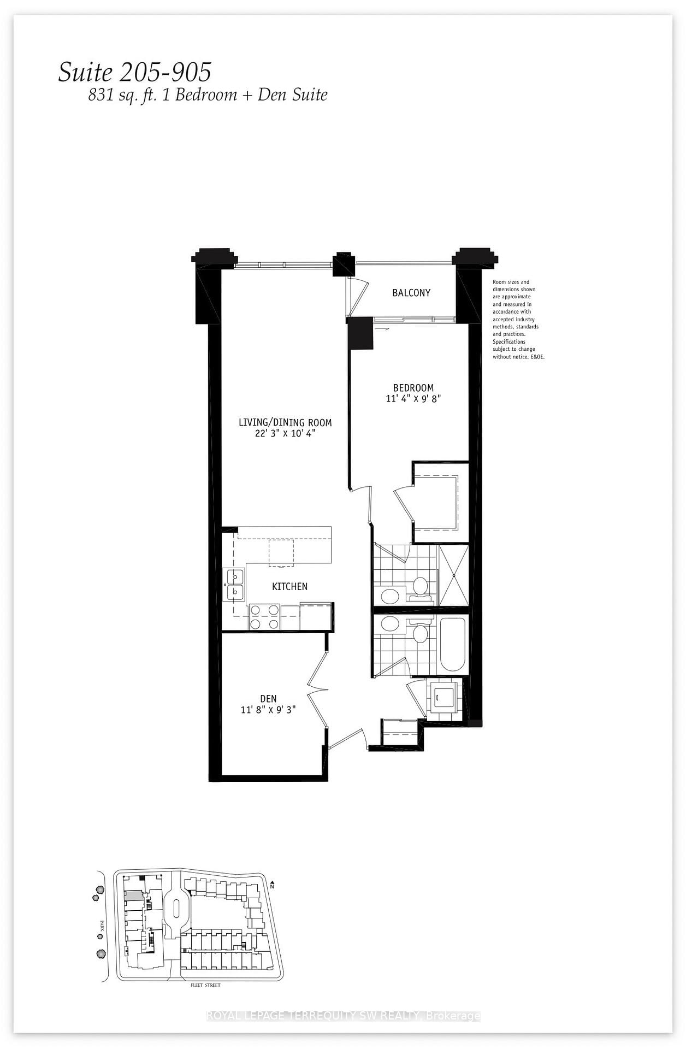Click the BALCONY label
[x=411, y=293]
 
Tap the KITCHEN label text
[x=289, y=586]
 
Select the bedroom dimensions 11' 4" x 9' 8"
[x=413, y=399]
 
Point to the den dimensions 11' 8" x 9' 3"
[x=268, y=710]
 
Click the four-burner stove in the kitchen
[x=264, y=617]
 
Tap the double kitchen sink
[x=235, y=584]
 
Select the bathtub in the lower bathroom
[x=452, y=644]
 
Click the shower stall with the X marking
[x=453, y=575]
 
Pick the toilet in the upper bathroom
[x=420, y=587]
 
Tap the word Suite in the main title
[x=85, y=72]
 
